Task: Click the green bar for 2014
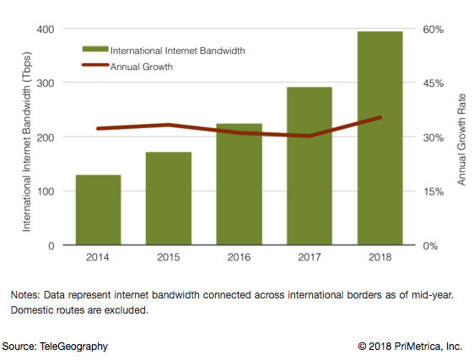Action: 99,210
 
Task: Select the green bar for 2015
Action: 170,199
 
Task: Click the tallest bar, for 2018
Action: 380,138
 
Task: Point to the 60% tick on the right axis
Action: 433,30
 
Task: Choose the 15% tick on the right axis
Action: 433,191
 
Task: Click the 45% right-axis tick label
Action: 433,83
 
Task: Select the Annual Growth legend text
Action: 141,67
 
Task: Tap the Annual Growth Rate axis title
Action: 461,137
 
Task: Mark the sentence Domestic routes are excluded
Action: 79,310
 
